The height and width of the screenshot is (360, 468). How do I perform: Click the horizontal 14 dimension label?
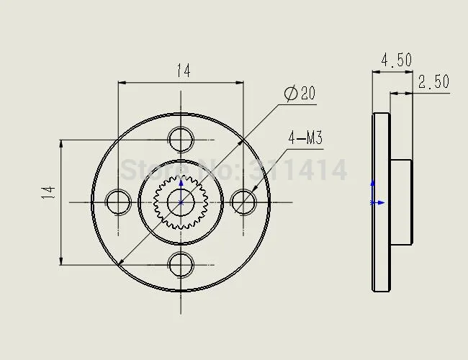pos(184,71)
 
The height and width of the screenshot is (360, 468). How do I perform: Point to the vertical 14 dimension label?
pos(48,192)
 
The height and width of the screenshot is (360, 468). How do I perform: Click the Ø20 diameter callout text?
pos(300,93)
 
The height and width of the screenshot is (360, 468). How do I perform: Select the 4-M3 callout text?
pos(305,138)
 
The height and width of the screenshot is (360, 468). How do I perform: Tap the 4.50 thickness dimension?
pos(397,60)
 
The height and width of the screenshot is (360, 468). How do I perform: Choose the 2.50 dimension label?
pos(433,81)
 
